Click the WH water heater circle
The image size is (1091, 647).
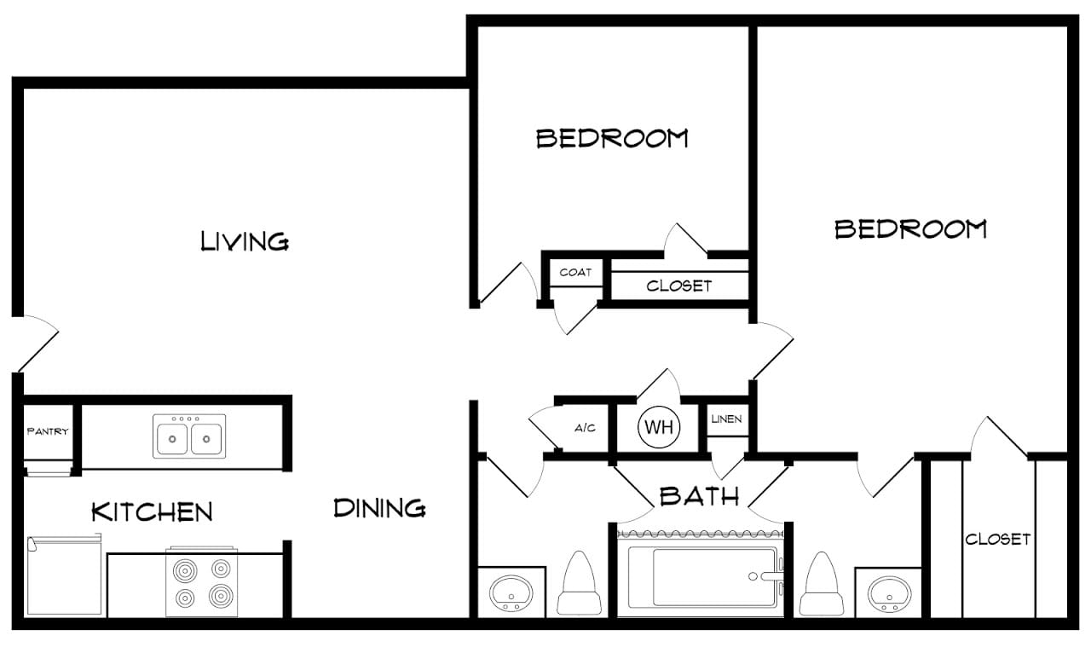coord(659,427)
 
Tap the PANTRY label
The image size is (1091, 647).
coord(48,431)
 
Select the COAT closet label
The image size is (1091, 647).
coord(575,272)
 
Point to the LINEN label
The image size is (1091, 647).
coord(726,419)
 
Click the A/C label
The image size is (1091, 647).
coord(585,428)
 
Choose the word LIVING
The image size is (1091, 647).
coord(245,241)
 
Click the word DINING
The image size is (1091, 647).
coord(379,508)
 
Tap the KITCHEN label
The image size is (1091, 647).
coord(152,511)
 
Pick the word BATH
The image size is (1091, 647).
coord(699,496)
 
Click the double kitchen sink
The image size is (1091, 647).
coord(189,436)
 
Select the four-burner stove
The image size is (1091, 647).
coord(202,582)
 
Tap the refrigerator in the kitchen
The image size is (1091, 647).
coord(64,575)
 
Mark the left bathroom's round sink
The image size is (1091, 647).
coord(511,594)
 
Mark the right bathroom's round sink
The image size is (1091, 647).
coord(889,594)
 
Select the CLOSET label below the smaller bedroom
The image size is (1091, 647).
coord(679,286)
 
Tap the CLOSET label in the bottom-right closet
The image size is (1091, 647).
coord(997,540)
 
